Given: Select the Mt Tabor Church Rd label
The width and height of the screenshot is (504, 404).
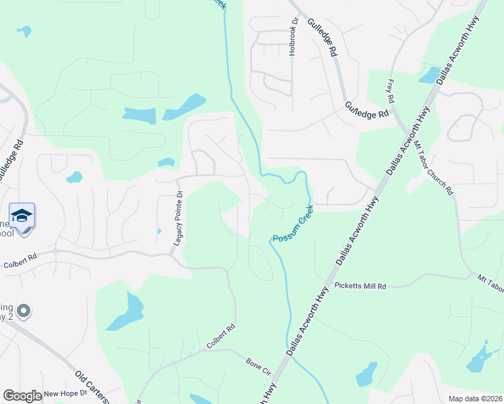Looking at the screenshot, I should [434, 168].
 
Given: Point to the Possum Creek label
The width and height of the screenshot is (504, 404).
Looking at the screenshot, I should [293, 230].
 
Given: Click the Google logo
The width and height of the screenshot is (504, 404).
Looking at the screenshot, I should [22, 396].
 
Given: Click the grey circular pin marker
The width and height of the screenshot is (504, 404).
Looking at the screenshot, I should [24, 311].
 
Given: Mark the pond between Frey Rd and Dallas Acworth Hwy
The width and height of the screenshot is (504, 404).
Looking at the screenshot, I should [429, 75].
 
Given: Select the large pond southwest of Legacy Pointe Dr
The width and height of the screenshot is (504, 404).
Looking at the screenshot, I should [126, 311].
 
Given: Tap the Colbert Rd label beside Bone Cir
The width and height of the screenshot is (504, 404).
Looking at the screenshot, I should [221, 337].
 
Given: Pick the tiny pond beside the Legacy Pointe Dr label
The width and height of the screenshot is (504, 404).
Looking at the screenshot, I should [159, 231].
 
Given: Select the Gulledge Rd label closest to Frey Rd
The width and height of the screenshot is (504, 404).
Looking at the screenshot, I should [367, 110].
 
